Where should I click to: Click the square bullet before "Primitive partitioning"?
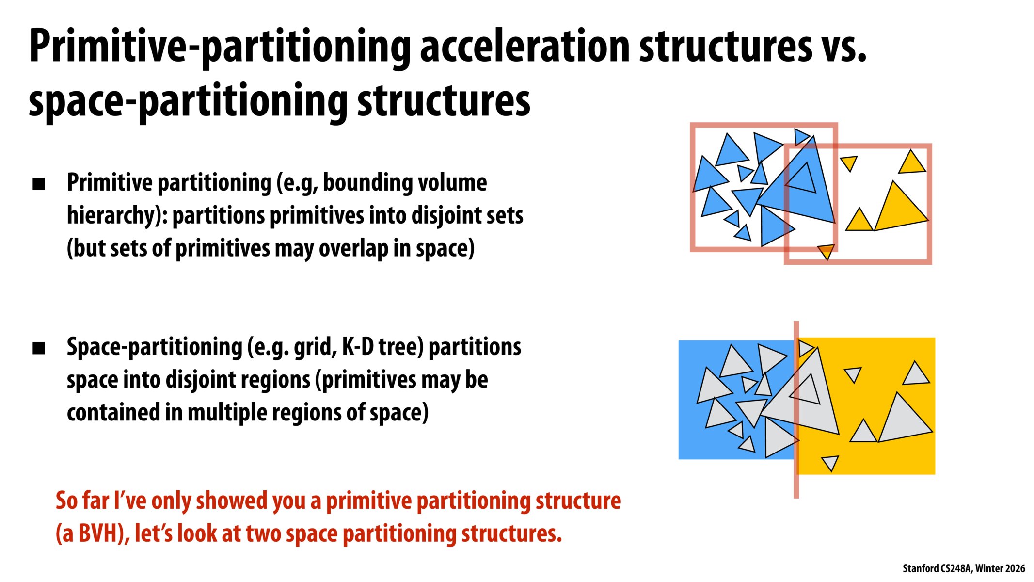(x=39, y=184)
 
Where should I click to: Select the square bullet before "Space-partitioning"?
(x=39, y=348)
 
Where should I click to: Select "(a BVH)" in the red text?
(x=92, y=533)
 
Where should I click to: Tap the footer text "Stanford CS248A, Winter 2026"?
(x=963, y=568)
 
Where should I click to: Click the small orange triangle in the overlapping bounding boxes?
(x=826, y=251)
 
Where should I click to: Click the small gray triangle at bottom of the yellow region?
(x=830, y=462)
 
